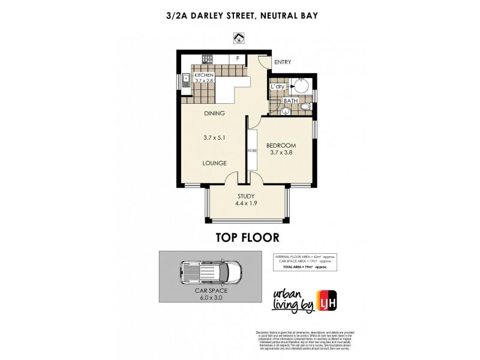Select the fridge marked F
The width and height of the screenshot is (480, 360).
[x=238, y=59]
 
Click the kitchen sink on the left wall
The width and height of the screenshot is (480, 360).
[x=187, y=79]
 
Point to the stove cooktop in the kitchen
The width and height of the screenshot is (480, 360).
[x=207, y=59]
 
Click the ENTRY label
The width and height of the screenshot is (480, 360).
[x=282, y=62]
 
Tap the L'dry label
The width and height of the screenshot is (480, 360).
[x=277, y=87]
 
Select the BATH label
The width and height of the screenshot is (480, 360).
[x=291, y=101]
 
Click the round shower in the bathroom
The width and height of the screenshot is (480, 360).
[x=302, y=85]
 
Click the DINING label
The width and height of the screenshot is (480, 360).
[x=214, y=113]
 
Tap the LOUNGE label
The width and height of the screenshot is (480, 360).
[x=214, y=163]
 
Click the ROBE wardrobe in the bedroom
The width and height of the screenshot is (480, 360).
[x=252, y=151]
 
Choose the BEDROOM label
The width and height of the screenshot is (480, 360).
[x=282, y=145]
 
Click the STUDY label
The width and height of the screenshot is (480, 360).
[x=246, y=196]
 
